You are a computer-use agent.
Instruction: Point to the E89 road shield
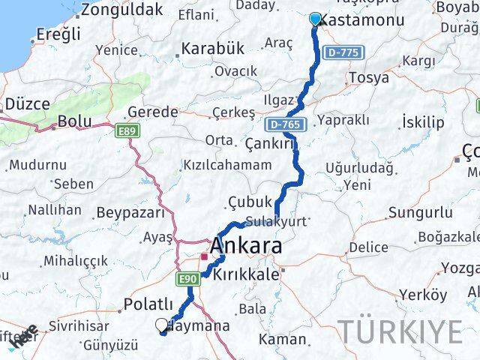click(127, 131)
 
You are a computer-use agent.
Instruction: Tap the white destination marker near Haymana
click(161, 325)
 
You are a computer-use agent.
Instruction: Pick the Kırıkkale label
click(247, 275)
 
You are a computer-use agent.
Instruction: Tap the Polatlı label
click(148, 306)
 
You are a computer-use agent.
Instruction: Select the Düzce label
click(28, 104)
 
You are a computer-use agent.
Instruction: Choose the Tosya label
click(368, 77)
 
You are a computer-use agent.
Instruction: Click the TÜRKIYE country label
click(403, 331)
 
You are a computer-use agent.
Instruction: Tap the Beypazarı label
click(130, 212)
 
